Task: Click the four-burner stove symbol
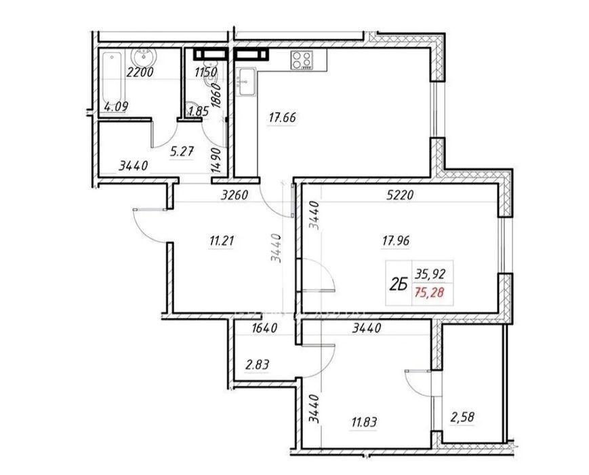(x=302, y=60)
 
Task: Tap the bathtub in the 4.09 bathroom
(x=113, y=81)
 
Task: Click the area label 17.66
(x=282, y=117)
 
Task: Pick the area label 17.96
(x=396, y=240)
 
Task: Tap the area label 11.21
(x=222, y=240)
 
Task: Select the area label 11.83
(x=364, y=422)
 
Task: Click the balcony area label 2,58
(x=462, y=417)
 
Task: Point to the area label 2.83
(x=257, y=364)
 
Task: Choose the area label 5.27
(x=182, y=152)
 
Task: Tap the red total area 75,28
(x=429, y=292)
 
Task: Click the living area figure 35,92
(x=429, y=273)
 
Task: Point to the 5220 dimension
(x=400, y=195)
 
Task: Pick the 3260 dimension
(x=235, y=195)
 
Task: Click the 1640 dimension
(x=264, y=328)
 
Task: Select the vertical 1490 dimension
(x=216, y=159)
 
